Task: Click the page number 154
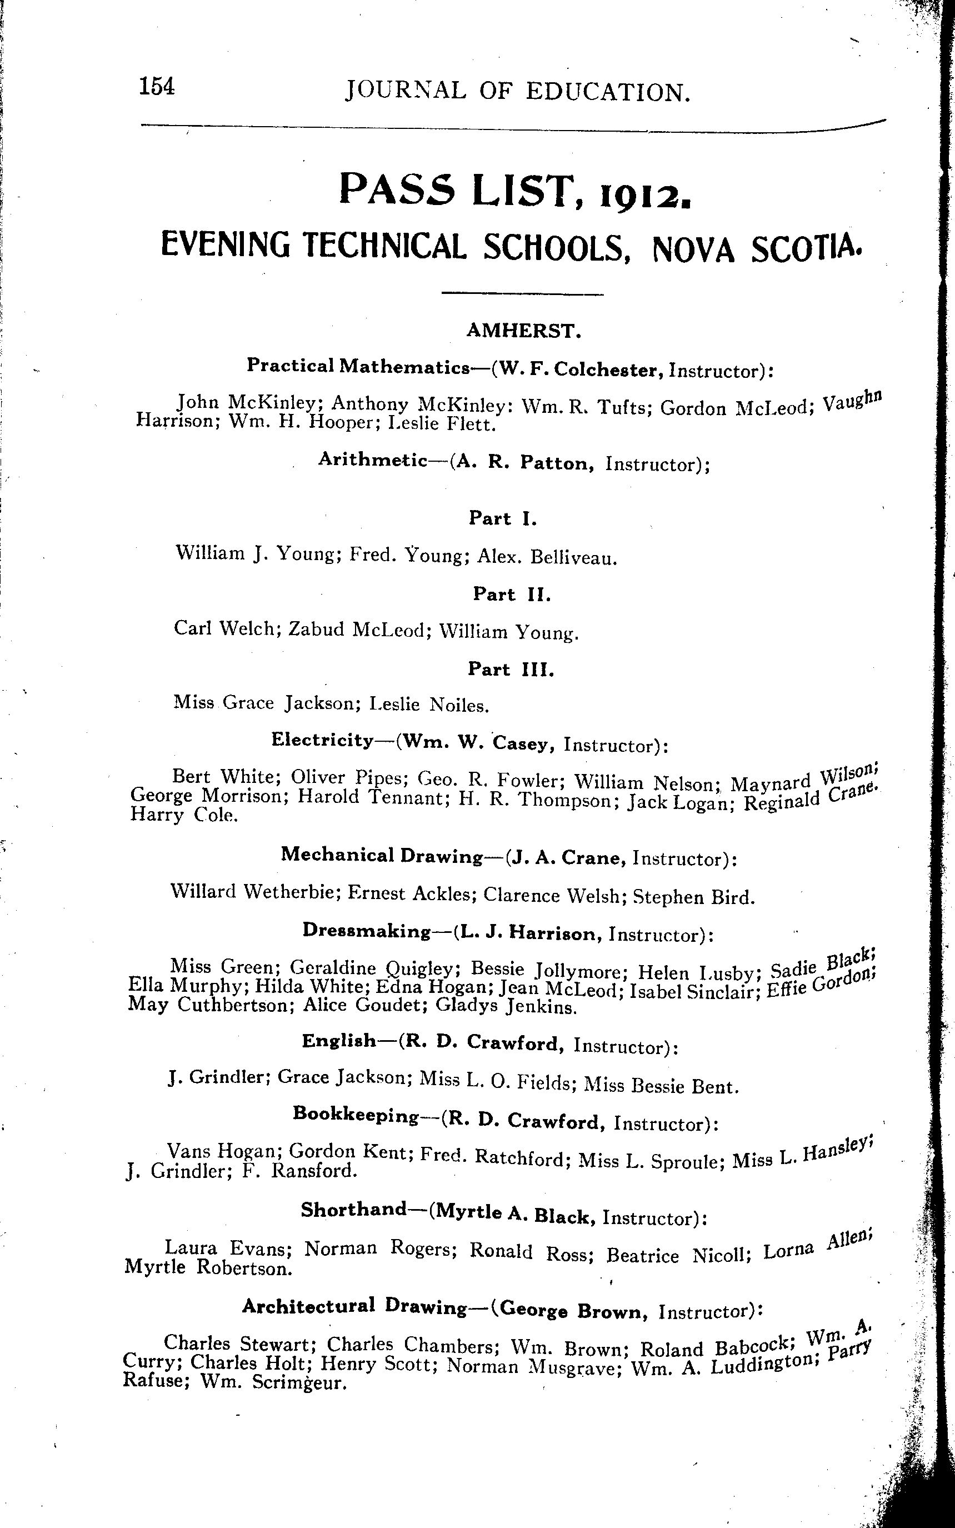click(x=157, y=87)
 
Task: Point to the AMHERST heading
click(x=523, y=331)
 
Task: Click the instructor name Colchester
click(x=608, y=369)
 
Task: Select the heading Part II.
click(x=512, y=595)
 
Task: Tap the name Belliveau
click(x=573, y=558)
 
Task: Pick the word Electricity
click(x=322, y=740)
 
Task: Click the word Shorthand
click(x=353, y=1210)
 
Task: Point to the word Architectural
click(x=308, y=1306)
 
